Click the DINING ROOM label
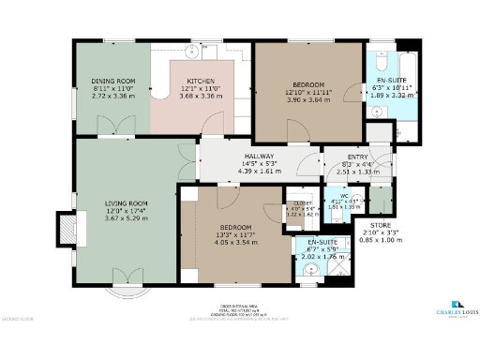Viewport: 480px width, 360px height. pyautogui.click(x=112, y=82)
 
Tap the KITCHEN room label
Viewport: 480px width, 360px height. pyautogui.click(x=202, y=82)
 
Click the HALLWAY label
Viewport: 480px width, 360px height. pyautogui.click(x=260, y=156)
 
